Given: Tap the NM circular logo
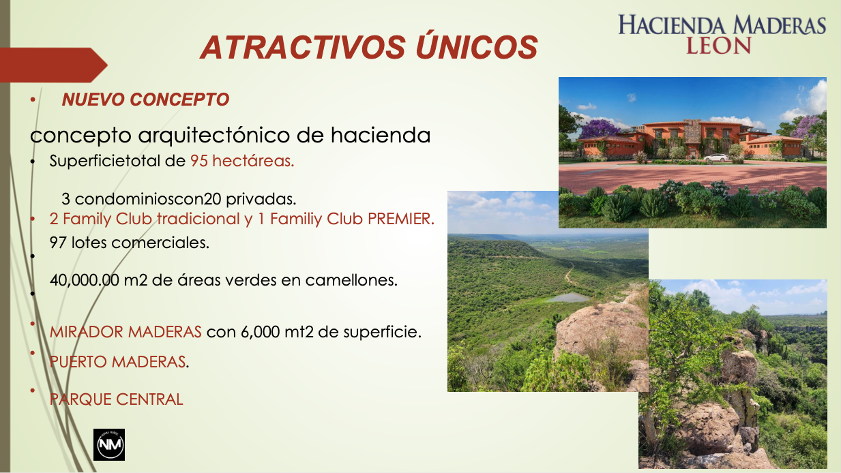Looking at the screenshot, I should click(x=109, y=445).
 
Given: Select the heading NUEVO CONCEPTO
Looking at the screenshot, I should click(x=145, y=100).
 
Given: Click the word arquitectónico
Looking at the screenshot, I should click(x=213, y=135).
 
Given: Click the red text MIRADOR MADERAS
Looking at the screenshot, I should click(x=126, y=333).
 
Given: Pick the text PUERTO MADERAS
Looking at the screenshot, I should click(x=117, y=362).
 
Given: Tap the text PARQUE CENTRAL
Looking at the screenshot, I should click(x=116, y=399).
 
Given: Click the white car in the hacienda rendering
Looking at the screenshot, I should click(x=716, y=157).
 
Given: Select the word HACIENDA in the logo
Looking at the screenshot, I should click(x=673, y=26).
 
